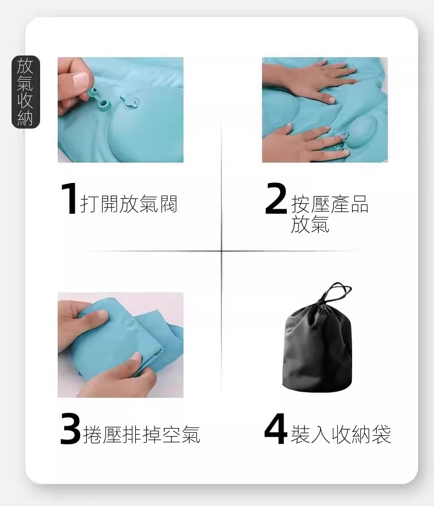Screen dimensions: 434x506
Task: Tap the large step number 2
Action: click(276, 198)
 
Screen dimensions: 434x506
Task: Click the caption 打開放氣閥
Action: click(129, 204)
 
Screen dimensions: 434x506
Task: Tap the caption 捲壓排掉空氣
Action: click(142, 435)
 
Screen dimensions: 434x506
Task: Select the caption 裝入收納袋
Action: click(341, 435)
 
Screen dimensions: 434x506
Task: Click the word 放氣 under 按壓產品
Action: click(310, 224)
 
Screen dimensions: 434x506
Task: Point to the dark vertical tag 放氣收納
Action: click(25, 92)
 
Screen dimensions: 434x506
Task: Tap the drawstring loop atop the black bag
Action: click(336, 292)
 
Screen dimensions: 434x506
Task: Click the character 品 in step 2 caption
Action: click(359, 204)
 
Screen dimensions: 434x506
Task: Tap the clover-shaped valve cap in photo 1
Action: click(130, 102)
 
